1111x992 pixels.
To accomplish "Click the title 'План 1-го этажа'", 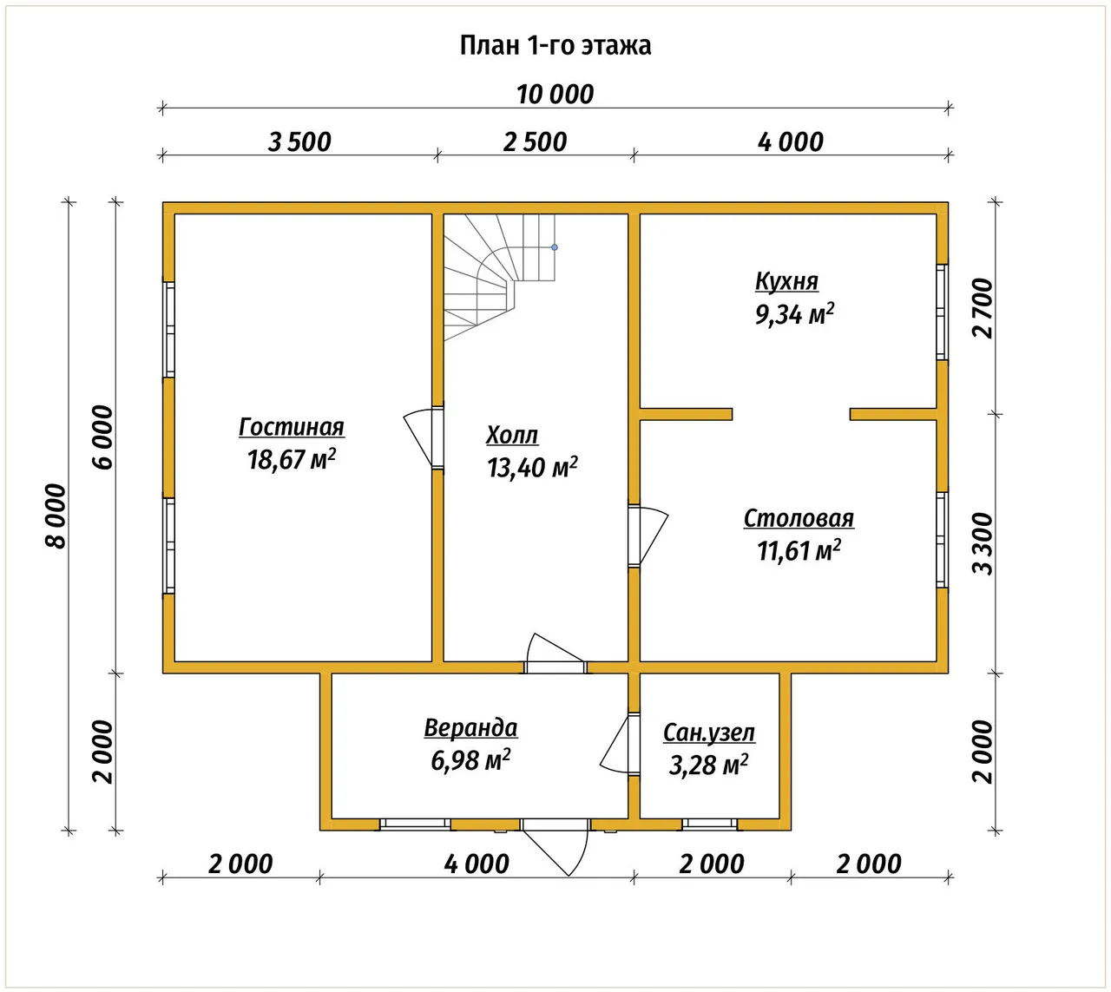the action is (x=555, y=45).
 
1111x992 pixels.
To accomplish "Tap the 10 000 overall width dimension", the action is (x=555, y=95).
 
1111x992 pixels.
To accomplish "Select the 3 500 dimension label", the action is (x=299, y=142).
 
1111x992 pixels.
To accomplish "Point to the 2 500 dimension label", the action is (x=535, y=142).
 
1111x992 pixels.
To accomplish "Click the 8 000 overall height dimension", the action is (x=56, y=516).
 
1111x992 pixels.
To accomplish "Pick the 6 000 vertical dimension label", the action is (x=103, y=437).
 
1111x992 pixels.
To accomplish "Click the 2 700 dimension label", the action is (x=983, y=308).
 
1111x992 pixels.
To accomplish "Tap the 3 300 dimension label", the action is (x=983, y=543).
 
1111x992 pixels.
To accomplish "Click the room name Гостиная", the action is (x=291, y=427).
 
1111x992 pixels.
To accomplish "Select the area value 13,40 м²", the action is (x=532, y=467).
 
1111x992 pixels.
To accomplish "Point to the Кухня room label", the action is (x=786, y=281).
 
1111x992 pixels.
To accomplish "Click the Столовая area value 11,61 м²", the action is (x=799, y=550).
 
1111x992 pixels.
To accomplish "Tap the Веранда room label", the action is (x=470, y=727).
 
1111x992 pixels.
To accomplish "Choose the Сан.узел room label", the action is (x=709, y=733).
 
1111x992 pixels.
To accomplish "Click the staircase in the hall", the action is (x=499, y=277).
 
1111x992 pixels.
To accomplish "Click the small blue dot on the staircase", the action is (x=555, y=247).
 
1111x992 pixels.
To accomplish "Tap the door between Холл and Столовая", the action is (x=648, y=535).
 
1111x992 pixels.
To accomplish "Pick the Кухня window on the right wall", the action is (x=942, y=312).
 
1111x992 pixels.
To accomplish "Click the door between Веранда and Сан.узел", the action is (x=621, y=744).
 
